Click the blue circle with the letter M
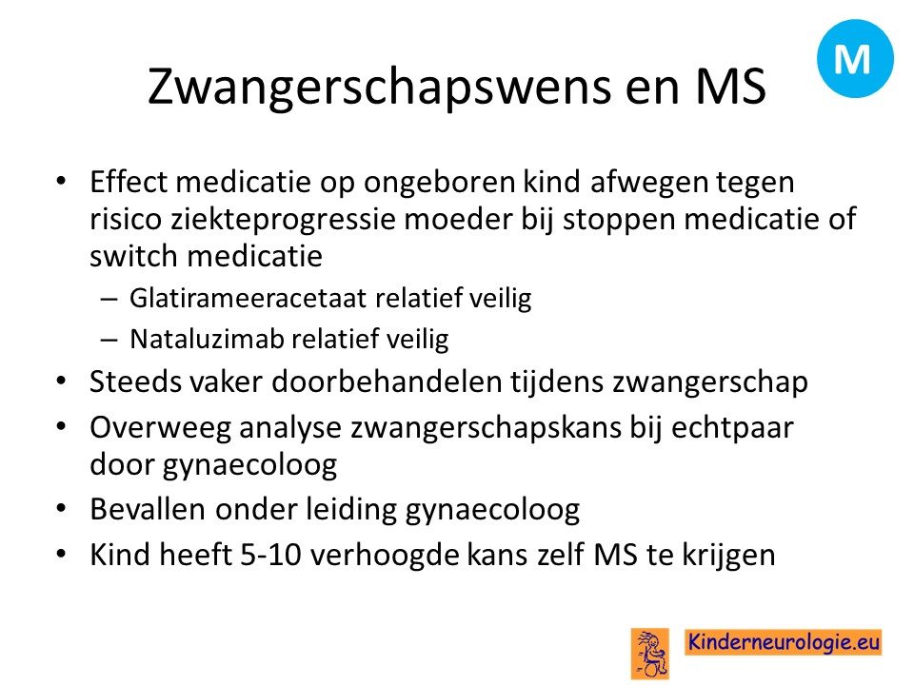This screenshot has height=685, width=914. point(855,58)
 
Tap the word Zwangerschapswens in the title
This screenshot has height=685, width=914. point(379,88)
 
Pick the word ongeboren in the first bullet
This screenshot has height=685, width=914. point(440,183)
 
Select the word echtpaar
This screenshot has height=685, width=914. point(732,429)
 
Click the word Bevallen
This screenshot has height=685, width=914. point(149,509)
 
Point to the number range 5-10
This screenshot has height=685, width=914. point(270,555)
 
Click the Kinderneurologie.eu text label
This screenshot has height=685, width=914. point(783,642)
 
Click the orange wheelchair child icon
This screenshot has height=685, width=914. point(650,654)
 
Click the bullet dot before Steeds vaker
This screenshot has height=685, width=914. point(62,382)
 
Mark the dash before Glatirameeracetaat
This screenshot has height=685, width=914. point(109,300)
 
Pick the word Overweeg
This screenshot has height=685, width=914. point(160,429)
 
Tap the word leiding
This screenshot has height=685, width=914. point(351,510)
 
